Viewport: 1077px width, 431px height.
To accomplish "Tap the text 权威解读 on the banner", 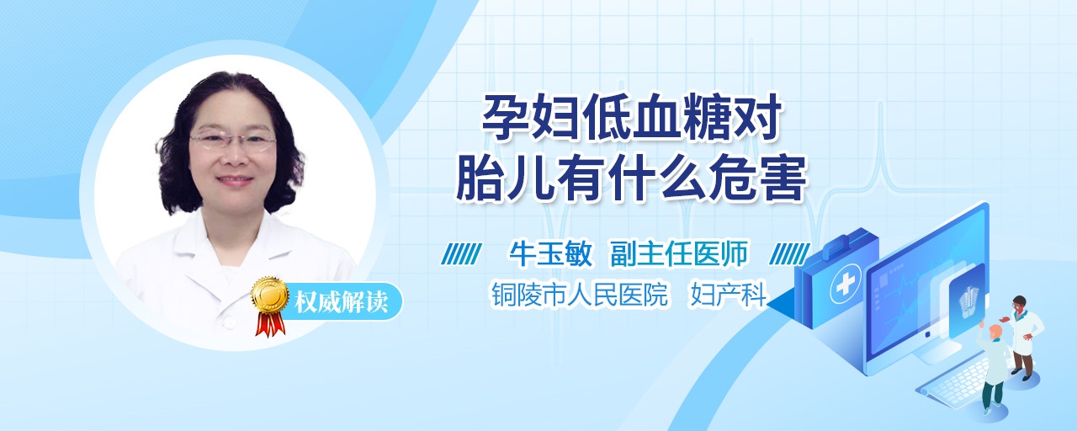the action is tap(341, 302).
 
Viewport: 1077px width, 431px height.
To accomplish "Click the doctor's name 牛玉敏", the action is tap(550, 253).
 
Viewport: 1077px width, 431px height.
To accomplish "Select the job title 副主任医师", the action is tap(679, 253).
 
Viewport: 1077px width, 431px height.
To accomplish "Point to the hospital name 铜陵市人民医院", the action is tap(580, 294).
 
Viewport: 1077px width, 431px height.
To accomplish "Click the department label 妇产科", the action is tap(728, 294).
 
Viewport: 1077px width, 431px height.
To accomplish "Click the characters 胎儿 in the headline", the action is tap(504, 177).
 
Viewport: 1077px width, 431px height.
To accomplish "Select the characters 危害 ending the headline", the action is tap(758, 177).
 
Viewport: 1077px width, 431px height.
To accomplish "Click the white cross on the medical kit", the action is tap(845, 284).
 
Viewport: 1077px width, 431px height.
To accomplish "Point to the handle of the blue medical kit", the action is tap(847, 241).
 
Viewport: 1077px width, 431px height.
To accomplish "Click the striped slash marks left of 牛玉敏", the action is tap(462, 253).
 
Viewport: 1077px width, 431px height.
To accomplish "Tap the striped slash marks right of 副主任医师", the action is tap(789, 253).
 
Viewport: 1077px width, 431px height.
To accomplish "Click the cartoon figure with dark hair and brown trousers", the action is tap(1021, 338).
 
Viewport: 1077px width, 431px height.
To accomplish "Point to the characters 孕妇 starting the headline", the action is tap(530, 117).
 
